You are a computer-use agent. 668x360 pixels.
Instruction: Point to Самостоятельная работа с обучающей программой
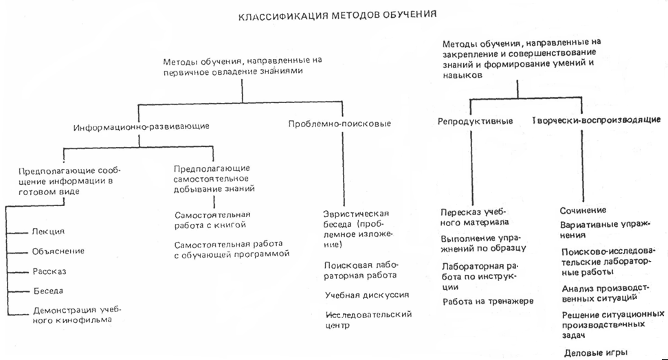pyautogui.click(x=231, y=248)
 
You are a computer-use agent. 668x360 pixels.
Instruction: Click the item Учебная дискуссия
pyautogui.click(x=367, y=295)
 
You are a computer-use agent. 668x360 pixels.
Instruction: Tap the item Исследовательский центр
pyautogui.click(x=368, y=319)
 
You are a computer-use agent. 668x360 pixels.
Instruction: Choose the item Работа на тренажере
pyautogui.click(x=487, y=301)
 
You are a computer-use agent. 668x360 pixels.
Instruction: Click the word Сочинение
pyautogui.click(x=583, y=210)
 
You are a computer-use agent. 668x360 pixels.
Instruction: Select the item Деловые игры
pyautogui.click(x=595, y=353)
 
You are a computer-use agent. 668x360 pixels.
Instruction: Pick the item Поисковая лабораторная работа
pyautogui.click(x=361, y=270)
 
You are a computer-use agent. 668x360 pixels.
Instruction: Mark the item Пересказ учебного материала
pyautogui.click(x=474, y=216)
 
